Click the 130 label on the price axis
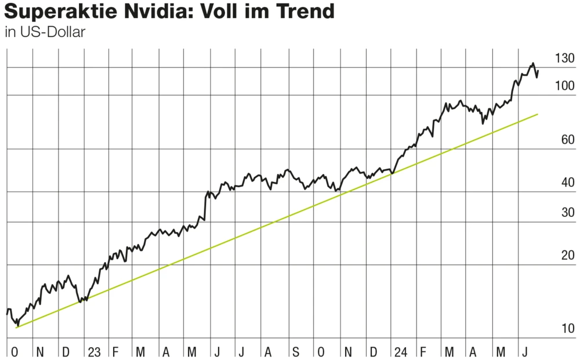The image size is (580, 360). point(564,59)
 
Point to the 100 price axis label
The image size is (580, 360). point(564,86)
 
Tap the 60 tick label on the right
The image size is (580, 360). point(567,140)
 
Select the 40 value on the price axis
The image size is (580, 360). point(567,183)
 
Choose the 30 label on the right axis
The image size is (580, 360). point(567,212)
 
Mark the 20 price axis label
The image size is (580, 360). point(567,256)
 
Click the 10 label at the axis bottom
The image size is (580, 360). point(567,329)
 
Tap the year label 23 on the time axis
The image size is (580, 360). point(94,351)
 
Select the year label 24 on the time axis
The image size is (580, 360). point(400,351)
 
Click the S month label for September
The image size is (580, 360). point(295,351)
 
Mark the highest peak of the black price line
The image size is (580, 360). point(532,63)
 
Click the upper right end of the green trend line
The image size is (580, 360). point(538,114)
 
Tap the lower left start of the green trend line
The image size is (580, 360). point(16,328)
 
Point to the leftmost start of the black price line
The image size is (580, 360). point(7,314)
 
